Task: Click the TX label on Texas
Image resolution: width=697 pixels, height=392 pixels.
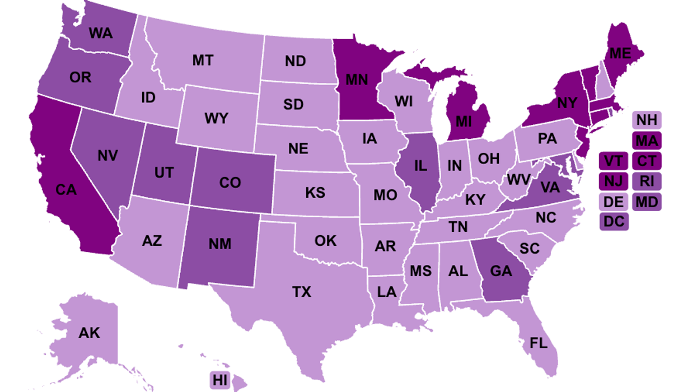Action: pyautogui.click(x=301, y=292)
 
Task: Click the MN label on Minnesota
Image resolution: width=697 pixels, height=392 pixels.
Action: pyautogui.click(x=356, y=78)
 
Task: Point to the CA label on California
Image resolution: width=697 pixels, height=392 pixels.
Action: pyautogui.click(x=66, y=190)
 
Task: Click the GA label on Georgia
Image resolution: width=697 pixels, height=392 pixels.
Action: pyautogui.click(x=500, y=271)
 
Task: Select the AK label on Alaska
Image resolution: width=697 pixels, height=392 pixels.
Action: pyautogui.click(x=89, y=333)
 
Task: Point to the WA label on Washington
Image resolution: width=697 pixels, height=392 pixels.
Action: pyautogui.click(x=101, y=33)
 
